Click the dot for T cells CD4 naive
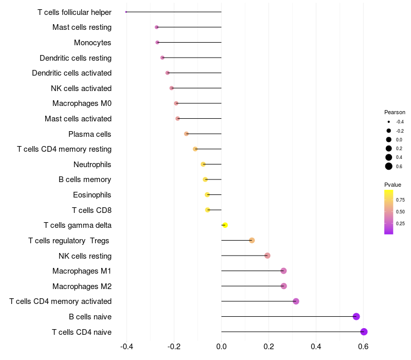click(364, 332)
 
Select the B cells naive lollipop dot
click(357, 317)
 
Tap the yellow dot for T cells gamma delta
click(225, 225)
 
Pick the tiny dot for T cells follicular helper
click(126, 12)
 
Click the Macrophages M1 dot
click(284, 271)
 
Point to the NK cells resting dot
click(267, 256)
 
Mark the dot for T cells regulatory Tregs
click(252, 240)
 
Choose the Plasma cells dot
click(186, 134)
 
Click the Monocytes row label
click(92, 43)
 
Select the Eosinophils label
click(92, 195)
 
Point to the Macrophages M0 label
click(82, 103)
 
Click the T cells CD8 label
click(91, 210)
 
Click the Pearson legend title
click(395, 112)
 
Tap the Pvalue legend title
click(393, 185)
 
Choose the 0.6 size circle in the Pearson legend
click(389, 166)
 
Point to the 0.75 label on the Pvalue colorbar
click(400, 200)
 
